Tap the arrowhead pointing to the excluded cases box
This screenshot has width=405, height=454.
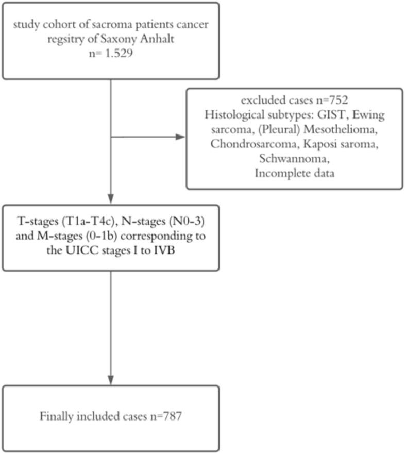point(179,137)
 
